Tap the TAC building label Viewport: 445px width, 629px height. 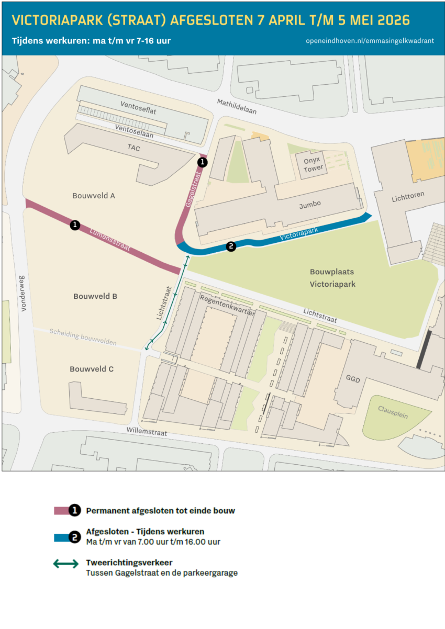point(133,148)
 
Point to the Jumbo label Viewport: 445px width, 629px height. point(310,204)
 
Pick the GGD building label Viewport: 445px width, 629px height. point(353,378)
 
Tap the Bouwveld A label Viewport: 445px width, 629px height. point(94,196)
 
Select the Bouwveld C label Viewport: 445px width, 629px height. point(92,369)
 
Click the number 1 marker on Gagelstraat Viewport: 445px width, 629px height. point(202,162)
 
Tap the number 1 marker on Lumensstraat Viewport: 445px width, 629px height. point(75,225)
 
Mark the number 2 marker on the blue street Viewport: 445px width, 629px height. point(231,246)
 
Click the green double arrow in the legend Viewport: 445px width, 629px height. point(66,564)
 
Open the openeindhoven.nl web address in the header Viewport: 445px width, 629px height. point(370,41)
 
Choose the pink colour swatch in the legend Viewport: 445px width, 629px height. point(61,510)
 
